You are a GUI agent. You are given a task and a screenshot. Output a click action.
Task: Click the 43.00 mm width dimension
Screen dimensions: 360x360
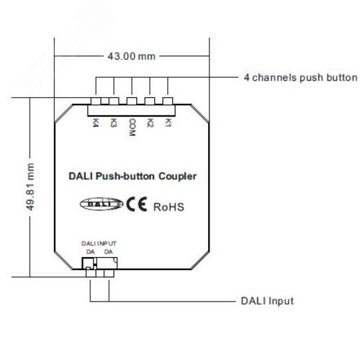tap(132, 55)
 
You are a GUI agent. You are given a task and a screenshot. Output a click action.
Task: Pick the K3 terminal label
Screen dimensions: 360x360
tap(114, 123)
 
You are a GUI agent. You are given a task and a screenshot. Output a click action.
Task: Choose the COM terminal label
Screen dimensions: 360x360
tap(132, 127)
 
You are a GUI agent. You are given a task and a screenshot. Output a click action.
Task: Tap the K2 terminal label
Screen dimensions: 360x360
tap(150, 123)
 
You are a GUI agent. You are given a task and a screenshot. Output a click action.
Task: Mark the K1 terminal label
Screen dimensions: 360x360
tap(168, 123)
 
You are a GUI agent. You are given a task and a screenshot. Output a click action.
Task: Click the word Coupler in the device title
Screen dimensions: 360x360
tap(177, 175)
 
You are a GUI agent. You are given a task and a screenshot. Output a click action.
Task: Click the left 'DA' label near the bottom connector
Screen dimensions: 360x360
tap(90, 252)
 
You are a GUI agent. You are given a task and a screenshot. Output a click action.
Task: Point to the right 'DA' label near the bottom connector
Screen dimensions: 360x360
tap(108, 252)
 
